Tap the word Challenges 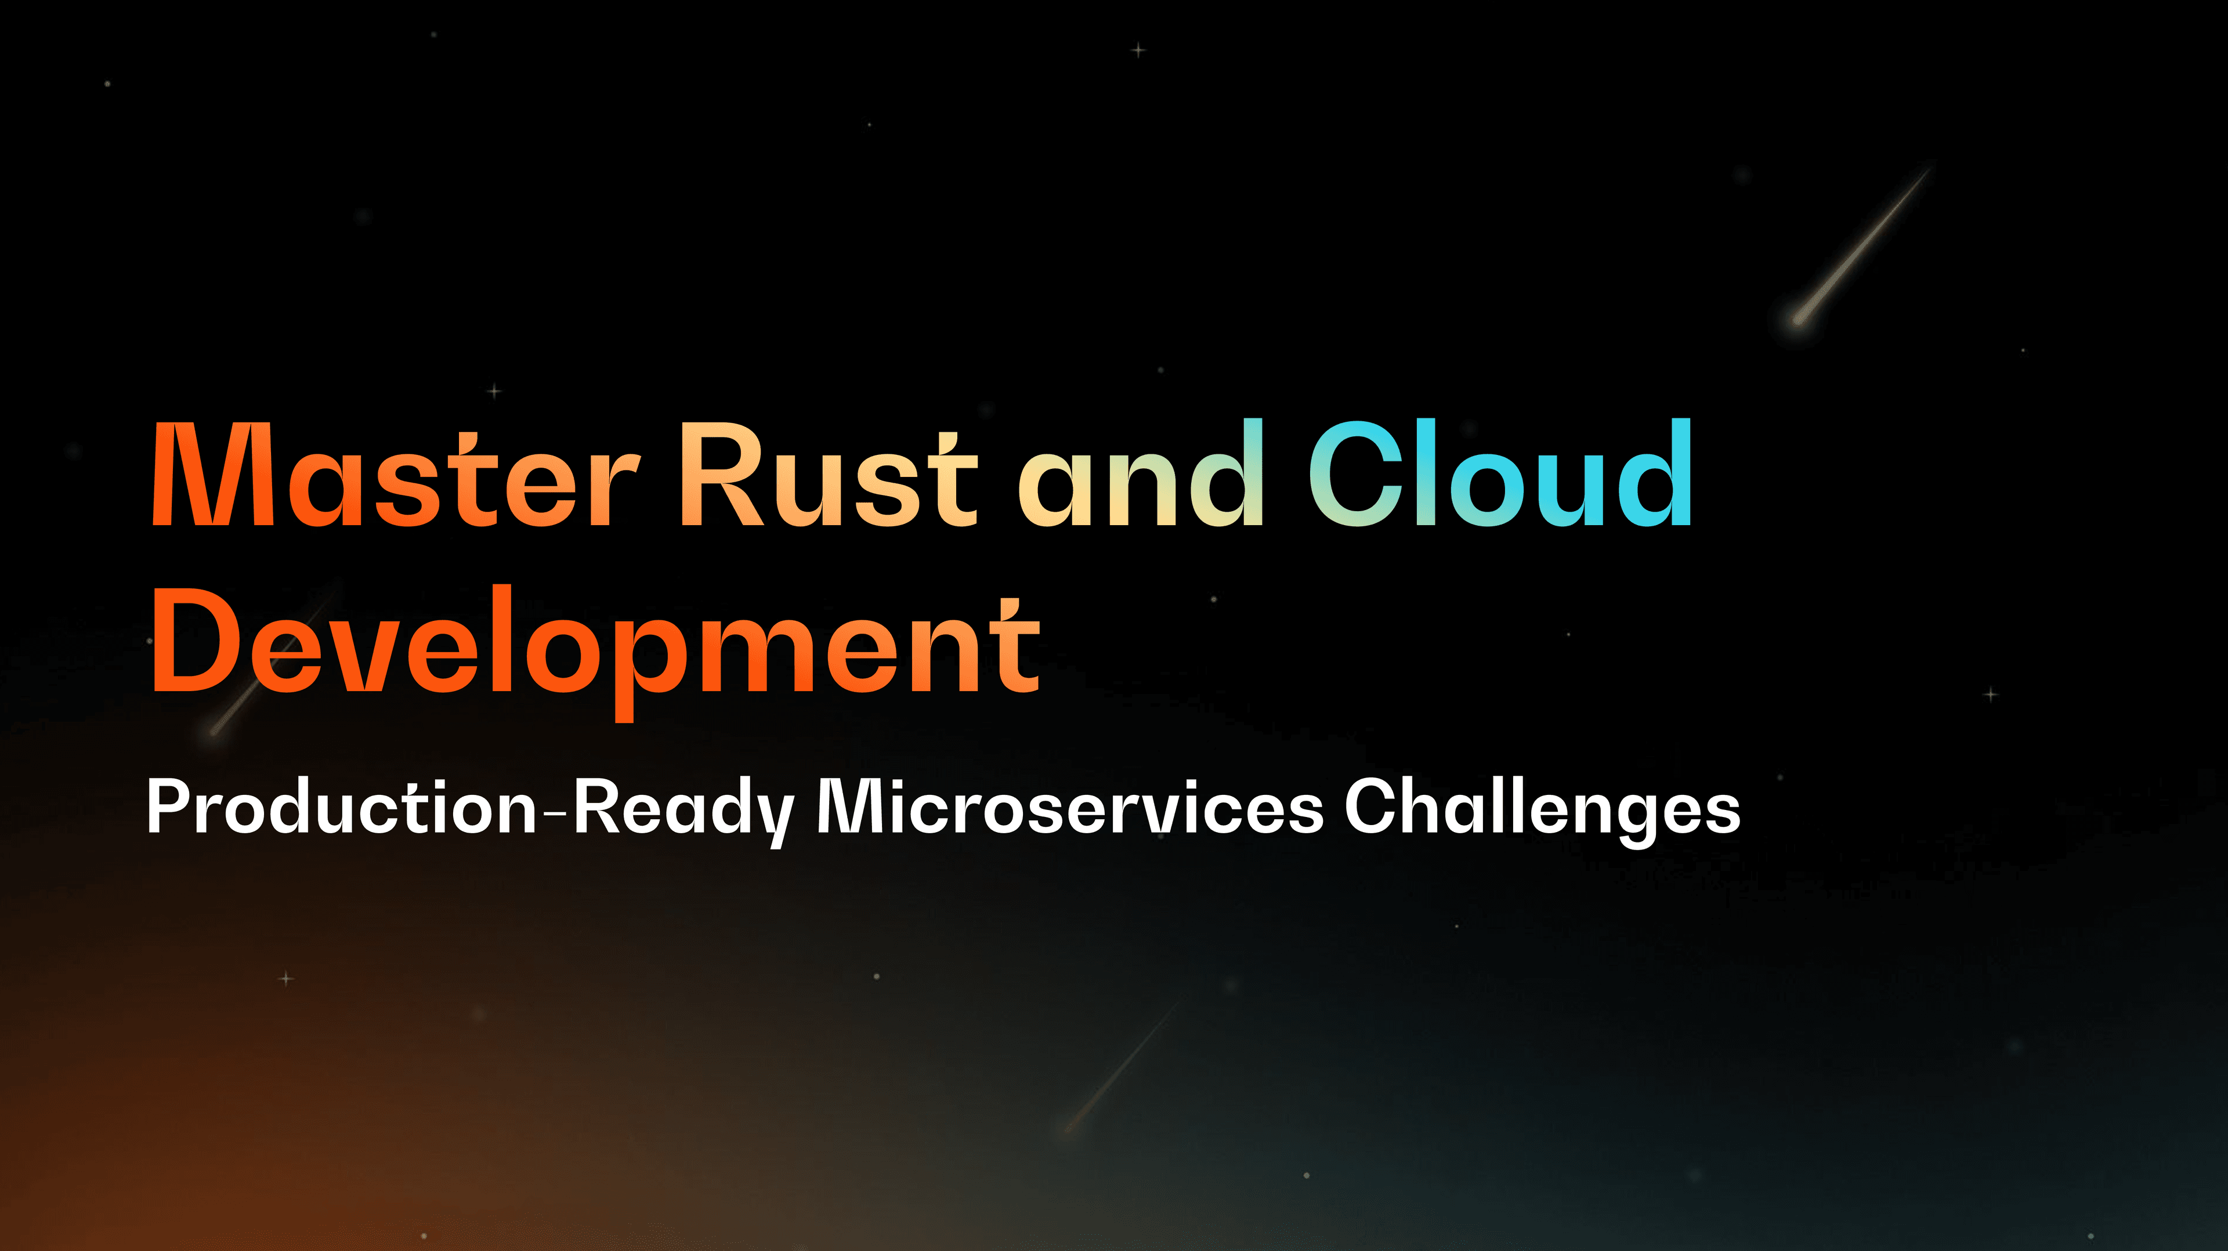1542,810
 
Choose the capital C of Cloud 1355,474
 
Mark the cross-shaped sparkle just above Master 495,391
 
